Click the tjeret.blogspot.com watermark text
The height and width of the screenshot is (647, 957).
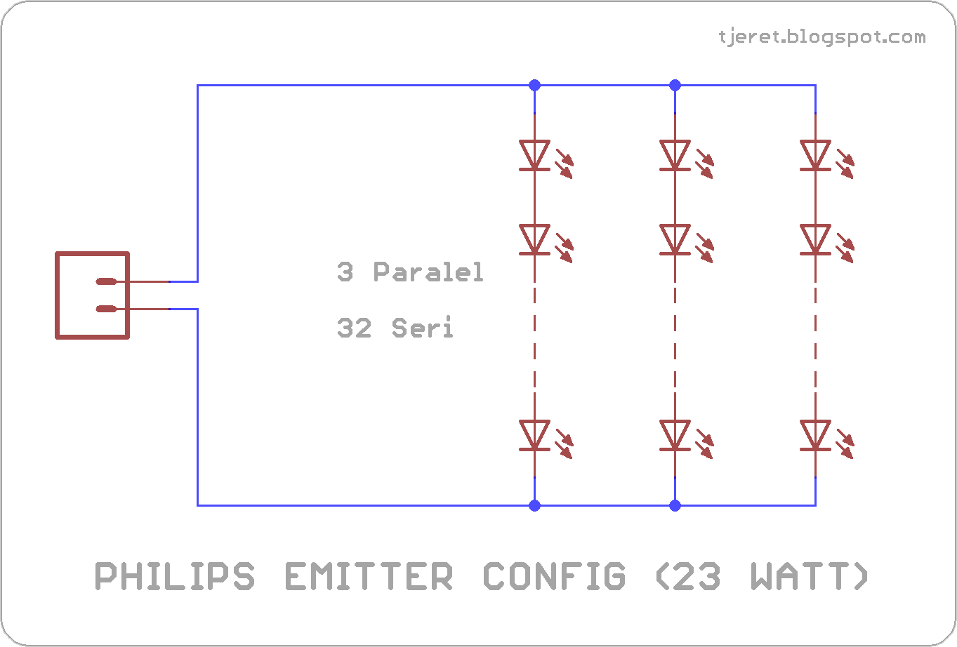[x=822, y=37]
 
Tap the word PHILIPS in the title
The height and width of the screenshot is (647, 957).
[x=175, y=577]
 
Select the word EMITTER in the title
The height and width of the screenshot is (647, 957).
[x=369, y=577]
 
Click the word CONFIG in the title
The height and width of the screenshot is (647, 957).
[x=553, y=577]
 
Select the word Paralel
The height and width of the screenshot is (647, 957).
[x=428, y=272]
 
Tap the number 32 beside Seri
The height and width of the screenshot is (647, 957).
[x=355, y=328]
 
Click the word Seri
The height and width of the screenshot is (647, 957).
[x=423, y=328]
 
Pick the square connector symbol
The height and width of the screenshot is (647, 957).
[x=92, y=295]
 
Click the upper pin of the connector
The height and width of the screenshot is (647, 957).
[x=107, y=282]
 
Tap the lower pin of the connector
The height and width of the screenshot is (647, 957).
[x=107, y=309]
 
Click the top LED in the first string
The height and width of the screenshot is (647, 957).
[x=534, y=155]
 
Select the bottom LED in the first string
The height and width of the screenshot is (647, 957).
[x=534, y=435]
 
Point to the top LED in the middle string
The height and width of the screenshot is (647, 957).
[x=675, y=155]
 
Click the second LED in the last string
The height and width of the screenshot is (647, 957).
[x=815, y=239]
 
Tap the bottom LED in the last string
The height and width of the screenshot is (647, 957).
[x=815, y=435]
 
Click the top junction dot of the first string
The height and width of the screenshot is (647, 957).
[x=534, y=85]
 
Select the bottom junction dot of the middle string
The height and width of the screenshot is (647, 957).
[x=675, y=505]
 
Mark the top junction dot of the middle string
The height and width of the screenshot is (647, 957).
[x=675, y=85]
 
